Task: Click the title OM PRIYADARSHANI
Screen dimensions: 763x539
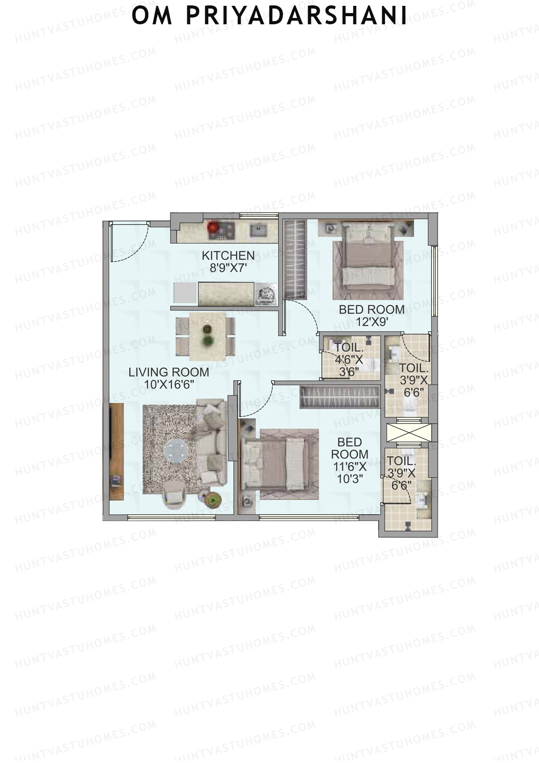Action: click(x=269, y=16)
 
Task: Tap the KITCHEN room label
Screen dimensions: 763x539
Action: click(x=228, y=255)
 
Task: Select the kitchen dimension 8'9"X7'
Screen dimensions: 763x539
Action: click(x=228, y=268)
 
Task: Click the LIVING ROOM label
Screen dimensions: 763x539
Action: click(x=169, y=372)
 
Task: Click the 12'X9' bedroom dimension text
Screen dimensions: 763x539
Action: click(x=371, y=322)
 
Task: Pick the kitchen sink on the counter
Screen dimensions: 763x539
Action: click(x=258, y=231)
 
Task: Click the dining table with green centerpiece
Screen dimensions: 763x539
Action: click(x=207, y=336)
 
